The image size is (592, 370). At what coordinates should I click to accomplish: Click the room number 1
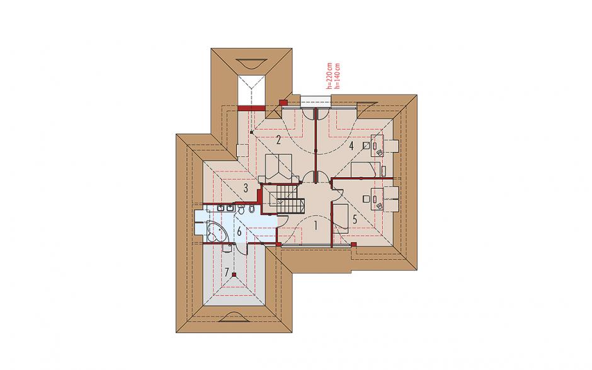(x=316, y=226)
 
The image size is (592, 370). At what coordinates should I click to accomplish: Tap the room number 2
(x=278, y=141)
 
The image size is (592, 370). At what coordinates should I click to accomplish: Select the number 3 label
(x=246, y=188)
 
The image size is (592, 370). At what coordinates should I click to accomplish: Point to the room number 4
(x=351, y=146)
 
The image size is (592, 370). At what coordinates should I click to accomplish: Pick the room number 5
(x=355, y=219)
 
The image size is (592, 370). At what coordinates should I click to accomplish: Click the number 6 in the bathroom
(x=239, y=231)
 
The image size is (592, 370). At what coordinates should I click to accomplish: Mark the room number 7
(x=227, y=272)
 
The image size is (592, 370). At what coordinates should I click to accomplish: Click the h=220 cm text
(x=331, y=75)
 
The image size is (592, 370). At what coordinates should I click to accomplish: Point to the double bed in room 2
(x=278, y=166)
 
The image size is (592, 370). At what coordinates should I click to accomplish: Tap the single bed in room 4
(x=365, y=170)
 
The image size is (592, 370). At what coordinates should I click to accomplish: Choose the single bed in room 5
(x=341, y=216)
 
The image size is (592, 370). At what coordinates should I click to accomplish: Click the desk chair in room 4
(x=366, y=145)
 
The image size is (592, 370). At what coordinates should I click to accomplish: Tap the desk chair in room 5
(x=366, y=198)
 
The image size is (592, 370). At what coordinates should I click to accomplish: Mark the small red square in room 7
(x=234, y=274)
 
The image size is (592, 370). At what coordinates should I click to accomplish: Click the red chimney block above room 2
(x=283, y=102)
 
